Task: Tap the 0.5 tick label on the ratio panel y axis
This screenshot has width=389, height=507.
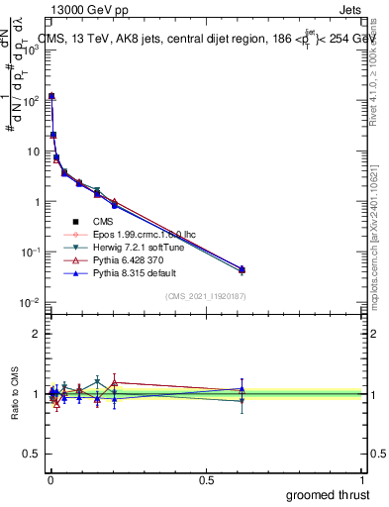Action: point(33,456)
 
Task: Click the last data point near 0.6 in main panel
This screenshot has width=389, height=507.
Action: point(242,269)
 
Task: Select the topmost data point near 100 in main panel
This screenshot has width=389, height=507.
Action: point(51,96)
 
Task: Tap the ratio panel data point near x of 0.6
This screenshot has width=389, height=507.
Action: point(242,393)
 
